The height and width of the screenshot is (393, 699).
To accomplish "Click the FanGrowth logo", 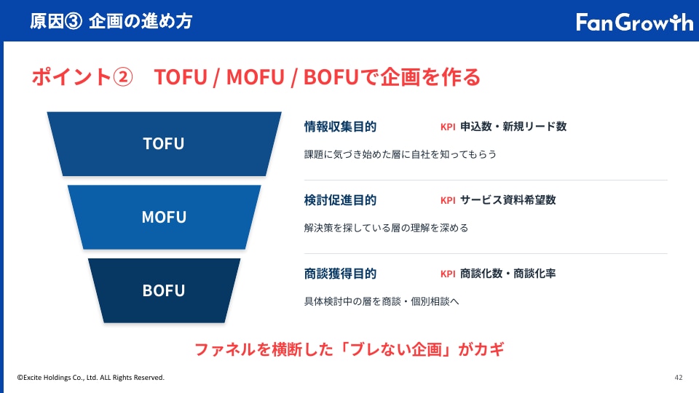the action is (x=634, y=23).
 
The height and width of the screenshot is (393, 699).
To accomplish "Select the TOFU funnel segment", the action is (x=164, y=144).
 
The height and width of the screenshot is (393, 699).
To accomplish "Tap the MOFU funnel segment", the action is (x=164, y=217).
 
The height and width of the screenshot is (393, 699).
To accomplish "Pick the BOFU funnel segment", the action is (x=164, y=290).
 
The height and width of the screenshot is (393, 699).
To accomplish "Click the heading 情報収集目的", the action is (x=340, y=127).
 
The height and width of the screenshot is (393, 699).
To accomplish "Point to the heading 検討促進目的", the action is (x=340, y=200).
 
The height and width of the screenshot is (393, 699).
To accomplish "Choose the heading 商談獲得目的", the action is (x=340, y=274).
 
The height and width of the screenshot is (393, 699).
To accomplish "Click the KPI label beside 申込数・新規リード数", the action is (x=448, y=127).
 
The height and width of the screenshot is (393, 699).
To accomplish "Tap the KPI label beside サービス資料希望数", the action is (x=448, y=201).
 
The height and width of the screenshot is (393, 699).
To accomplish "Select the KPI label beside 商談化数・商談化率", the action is (x=448, y=274).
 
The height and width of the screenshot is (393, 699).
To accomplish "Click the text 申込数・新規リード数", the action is (x=513, y=127).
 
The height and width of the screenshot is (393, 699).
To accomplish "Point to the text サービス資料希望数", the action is (x=508, y=200).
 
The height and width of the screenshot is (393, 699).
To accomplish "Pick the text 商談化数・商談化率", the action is (x=508, y=274).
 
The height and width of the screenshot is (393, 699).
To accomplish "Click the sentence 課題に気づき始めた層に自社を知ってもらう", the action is (x=400, y=154).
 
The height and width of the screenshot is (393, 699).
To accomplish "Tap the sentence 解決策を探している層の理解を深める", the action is (x=386, y=228).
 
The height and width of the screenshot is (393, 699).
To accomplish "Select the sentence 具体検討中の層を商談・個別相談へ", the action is (x=381, y=301).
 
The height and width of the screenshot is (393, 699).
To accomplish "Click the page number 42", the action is (x=679, y=378).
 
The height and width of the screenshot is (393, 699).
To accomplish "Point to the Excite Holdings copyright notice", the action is (x=91, y=378).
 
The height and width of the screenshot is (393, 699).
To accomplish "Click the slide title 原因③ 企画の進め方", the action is (x=111, y=21).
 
